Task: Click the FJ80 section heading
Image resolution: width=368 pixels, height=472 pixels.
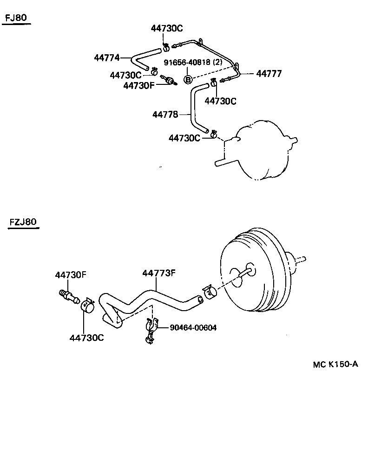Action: pyautogui.click(x=16, y=18)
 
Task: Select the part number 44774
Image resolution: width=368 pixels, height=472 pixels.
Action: pyautogui.click(x=107, y=58)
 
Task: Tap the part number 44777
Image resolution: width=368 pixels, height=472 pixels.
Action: pyautogui.click(x=269, y=74)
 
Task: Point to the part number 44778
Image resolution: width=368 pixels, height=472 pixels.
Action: pyautogui.click(x=165, y=114)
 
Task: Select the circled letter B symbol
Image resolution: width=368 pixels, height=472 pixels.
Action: pyautogui.click(x=188, y=80)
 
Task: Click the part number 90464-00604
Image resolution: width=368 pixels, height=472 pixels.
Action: pyautogui.click(x=193, y=328)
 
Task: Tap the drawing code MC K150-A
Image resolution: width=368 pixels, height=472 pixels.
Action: pyautogui.click(x=335, y=364)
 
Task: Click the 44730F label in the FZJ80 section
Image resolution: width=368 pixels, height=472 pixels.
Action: pyautogui.click(x=71, y=275)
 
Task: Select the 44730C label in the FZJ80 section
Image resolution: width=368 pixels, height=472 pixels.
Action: pyautogui.click(x=86, y=338)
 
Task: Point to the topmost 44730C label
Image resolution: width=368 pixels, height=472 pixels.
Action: pyautogui.click(x=167, y=29)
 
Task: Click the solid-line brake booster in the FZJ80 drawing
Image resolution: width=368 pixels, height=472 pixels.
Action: pyautogui.click(x=253, y=274)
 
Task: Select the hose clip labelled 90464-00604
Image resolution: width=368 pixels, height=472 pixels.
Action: pyautogui.click(x=151, y=331)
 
